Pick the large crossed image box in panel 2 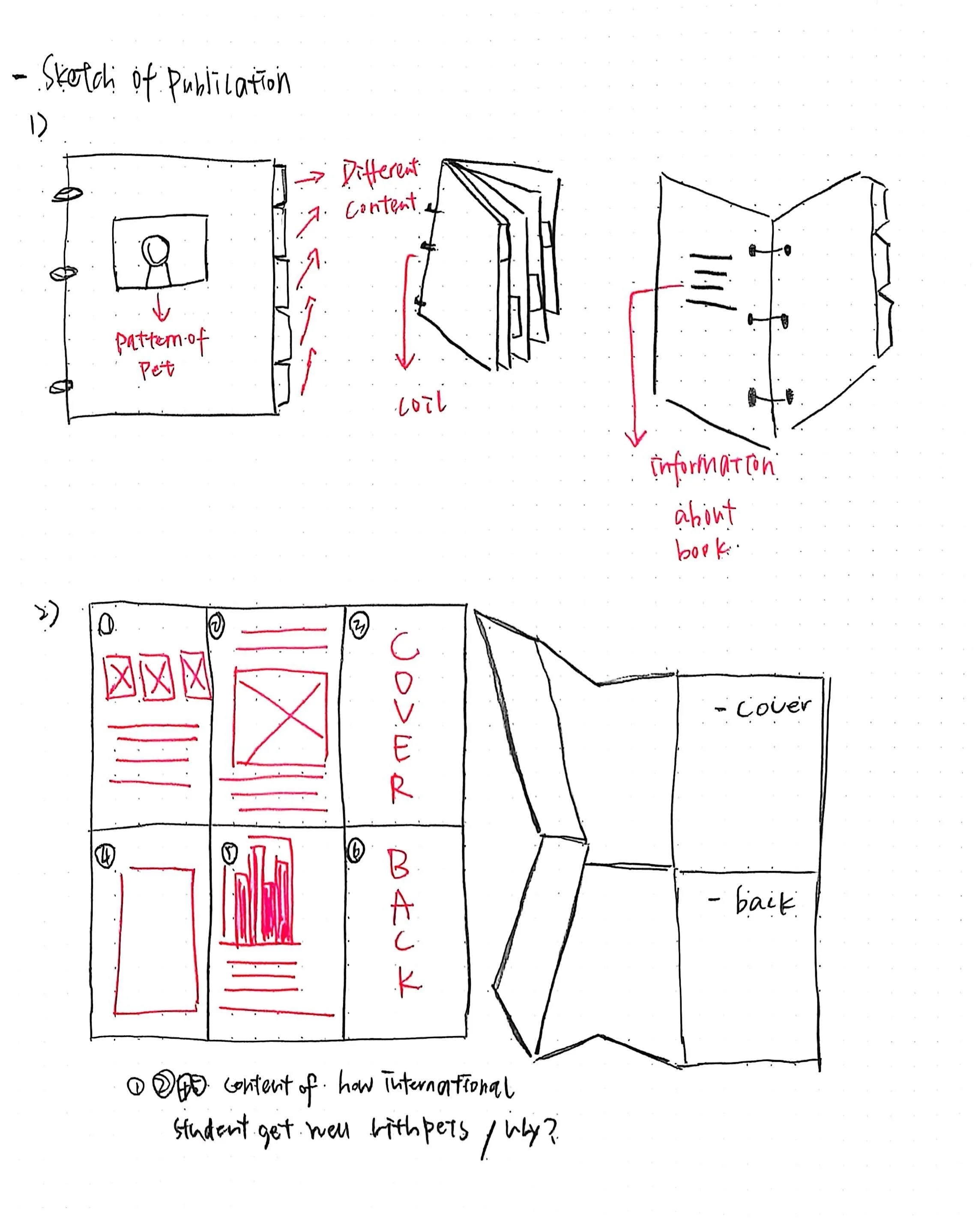click(280, 718)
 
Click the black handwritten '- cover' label click(764, 707)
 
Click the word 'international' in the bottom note click(449, 1087)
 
